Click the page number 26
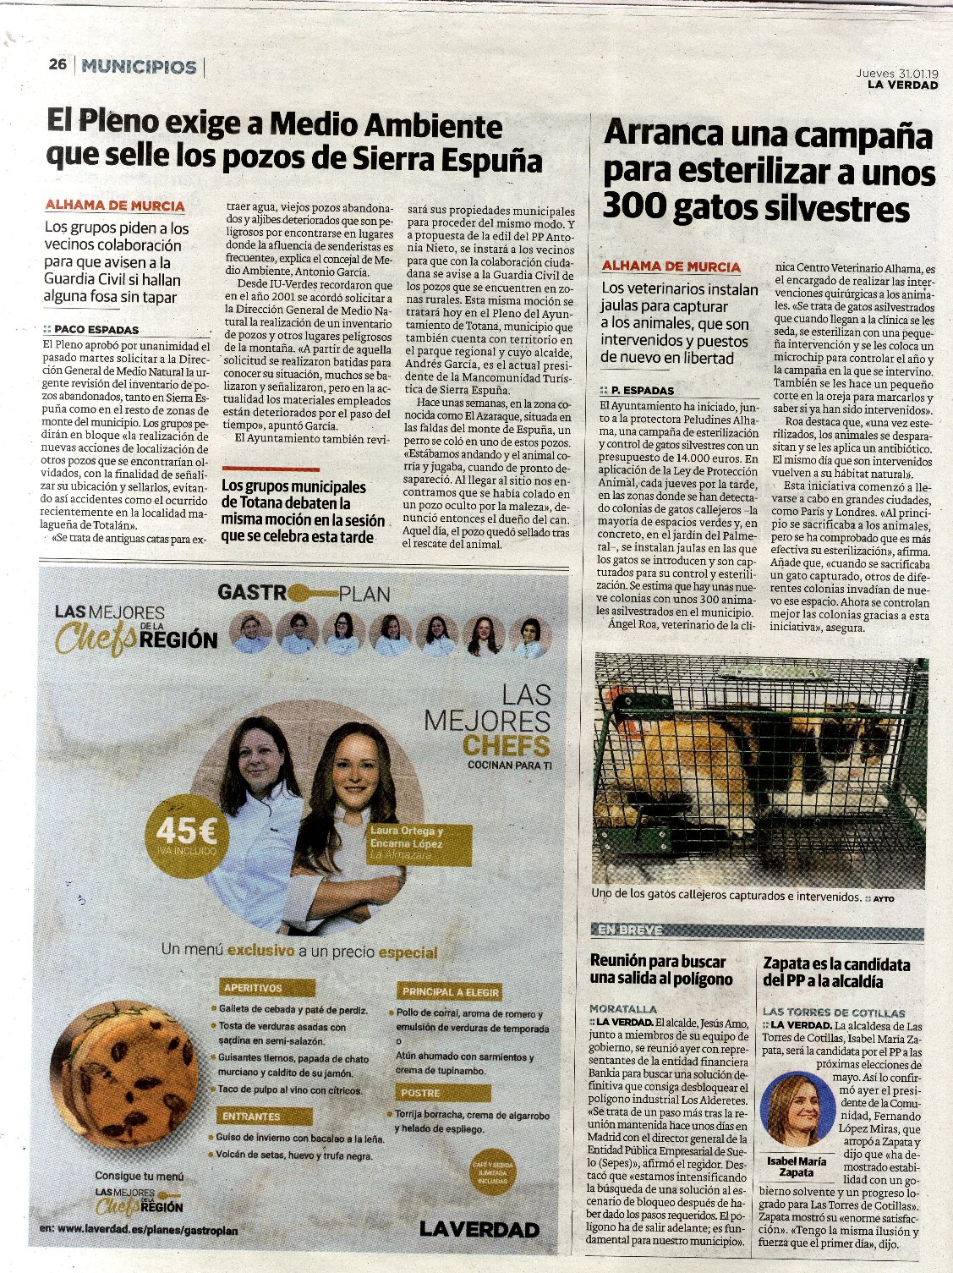58,65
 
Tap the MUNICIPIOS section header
140,66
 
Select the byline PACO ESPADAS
96,330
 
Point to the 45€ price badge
180,833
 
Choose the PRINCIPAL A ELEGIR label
451,991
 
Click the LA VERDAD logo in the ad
479,1229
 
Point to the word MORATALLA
623,1008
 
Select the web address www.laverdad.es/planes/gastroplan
147,1231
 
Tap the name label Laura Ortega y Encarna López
407,837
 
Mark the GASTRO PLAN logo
304,593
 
